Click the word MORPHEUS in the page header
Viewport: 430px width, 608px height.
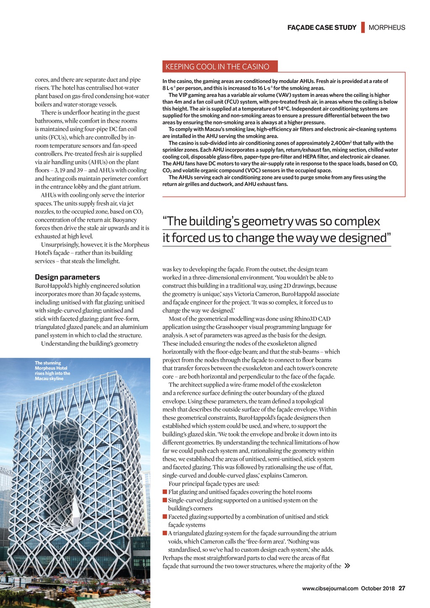(x=387, y=28)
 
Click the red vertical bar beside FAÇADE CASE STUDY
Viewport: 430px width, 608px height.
(x=363, y=27)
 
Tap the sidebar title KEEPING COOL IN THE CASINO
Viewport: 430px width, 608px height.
(x=217, y=67)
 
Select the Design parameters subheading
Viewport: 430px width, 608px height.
(x=67, y=277)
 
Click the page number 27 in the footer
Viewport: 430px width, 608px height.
(x=402, y=588)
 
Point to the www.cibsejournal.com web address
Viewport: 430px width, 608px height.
(x=330, y=588)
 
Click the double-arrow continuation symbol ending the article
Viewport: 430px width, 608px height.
(x=347, y=566)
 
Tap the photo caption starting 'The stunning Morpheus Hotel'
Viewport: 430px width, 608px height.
(x=52, y=371)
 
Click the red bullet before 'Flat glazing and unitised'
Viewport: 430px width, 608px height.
(x=165, y=492)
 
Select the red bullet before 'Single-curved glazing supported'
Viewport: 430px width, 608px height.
(x=165, y=501)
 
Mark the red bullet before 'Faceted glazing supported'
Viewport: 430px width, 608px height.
(x=165, y=517)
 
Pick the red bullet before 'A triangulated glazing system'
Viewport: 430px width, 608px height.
(x=165, y=533)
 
